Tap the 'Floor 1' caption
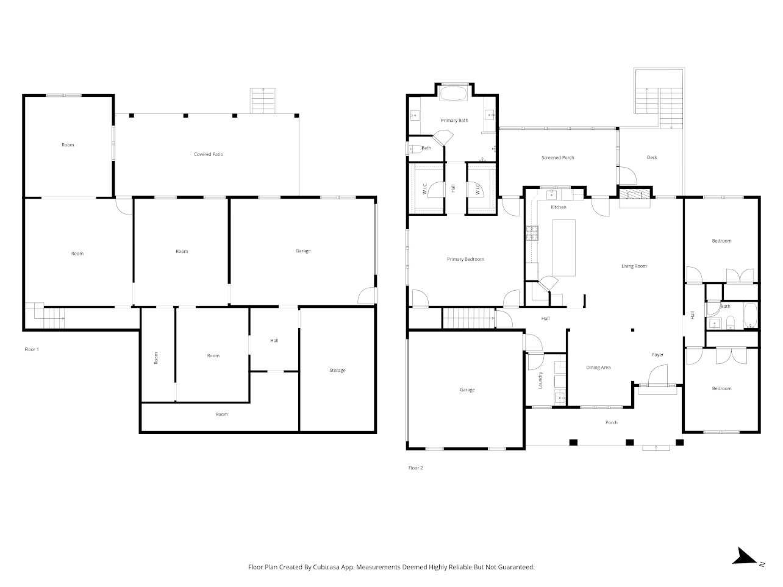pyautogui.click(x=31, y=349)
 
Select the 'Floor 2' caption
pyautogui.click(x=415, y=468)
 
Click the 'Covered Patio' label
pyautogui.click(x=209, y=154)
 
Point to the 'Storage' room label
pyautogui.click(x=337, y=371)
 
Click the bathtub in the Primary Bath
pyautogui.click(x=452, y=94)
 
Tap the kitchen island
pyautogui.click(x=564, y=247)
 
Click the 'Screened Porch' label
pyautogui.click(x=558, y=158)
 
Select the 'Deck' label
pyautogui.click(x=652, y=158)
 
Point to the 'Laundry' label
pyautogui.click(x=540, y=380)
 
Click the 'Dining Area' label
pyautogui.click(x=598, y=368)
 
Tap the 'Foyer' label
pyautogui.click(x=657, y=355)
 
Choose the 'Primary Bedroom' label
pyautogui.click(x=465, y=259)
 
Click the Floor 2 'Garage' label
pyautogui.click(x=467, y=390)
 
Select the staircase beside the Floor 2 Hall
pyautogui.click(x=468, y=318)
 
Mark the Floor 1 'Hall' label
pyautogui.click(x=274, y=341)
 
